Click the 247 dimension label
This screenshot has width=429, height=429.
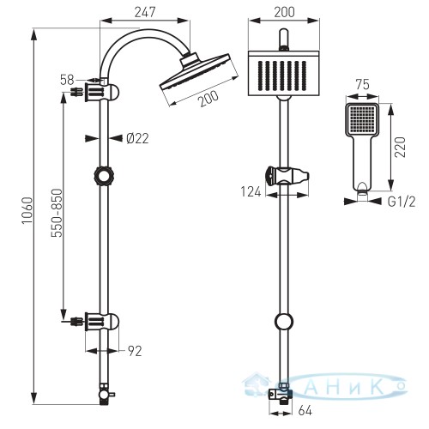(145, 12)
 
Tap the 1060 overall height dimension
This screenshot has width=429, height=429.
(27, 210)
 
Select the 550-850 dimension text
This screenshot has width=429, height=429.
(57, 213)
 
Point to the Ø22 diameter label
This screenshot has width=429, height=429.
(137, 139)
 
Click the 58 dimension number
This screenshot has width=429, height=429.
(67, 80)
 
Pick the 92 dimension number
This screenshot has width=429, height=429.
(135, 351)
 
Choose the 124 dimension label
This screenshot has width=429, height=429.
(251, 192)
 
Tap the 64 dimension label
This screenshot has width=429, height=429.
(305, 411)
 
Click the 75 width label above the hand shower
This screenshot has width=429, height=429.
(362, 85)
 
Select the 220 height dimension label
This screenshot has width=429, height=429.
(400, 148)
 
